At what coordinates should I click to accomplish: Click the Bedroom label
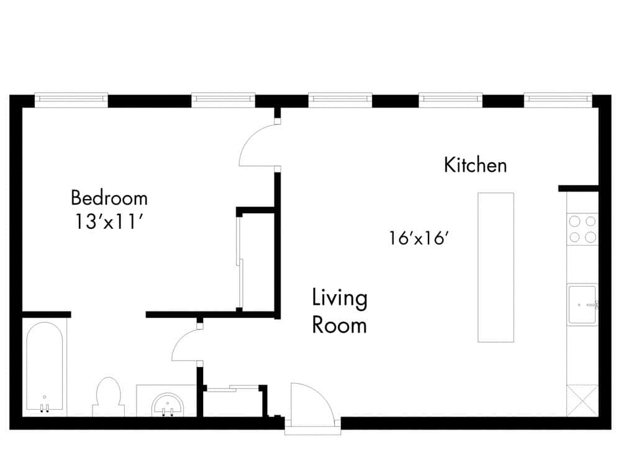click(x=109, y=198)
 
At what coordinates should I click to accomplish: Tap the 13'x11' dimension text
click(x=109, y=221)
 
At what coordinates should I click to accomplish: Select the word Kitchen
click(x=475, y=165)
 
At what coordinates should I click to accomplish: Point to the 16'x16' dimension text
click(x=419, y=238)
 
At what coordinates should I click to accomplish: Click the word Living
click(x=340, y=298)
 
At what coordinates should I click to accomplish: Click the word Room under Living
click(x=340, y=325)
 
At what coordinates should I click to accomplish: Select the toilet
click(x=108, y=397)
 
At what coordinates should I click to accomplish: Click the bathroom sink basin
click(x=168, y=404)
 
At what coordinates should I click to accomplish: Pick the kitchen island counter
click(x=496, y=267)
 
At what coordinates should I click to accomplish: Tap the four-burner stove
click(x=582, y=229)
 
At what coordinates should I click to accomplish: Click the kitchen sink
click(x=582, y=305)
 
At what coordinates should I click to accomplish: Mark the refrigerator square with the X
click(x=582, y=400)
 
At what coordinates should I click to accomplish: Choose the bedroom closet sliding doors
click(x=239, y=262)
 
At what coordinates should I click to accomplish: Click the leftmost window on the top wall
click(x=71, y=99)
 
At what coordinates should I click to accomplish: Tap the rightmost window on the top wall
click(x=558, y=99)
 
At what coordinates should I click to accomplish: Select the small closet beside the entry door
click(x=233, y=401)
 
